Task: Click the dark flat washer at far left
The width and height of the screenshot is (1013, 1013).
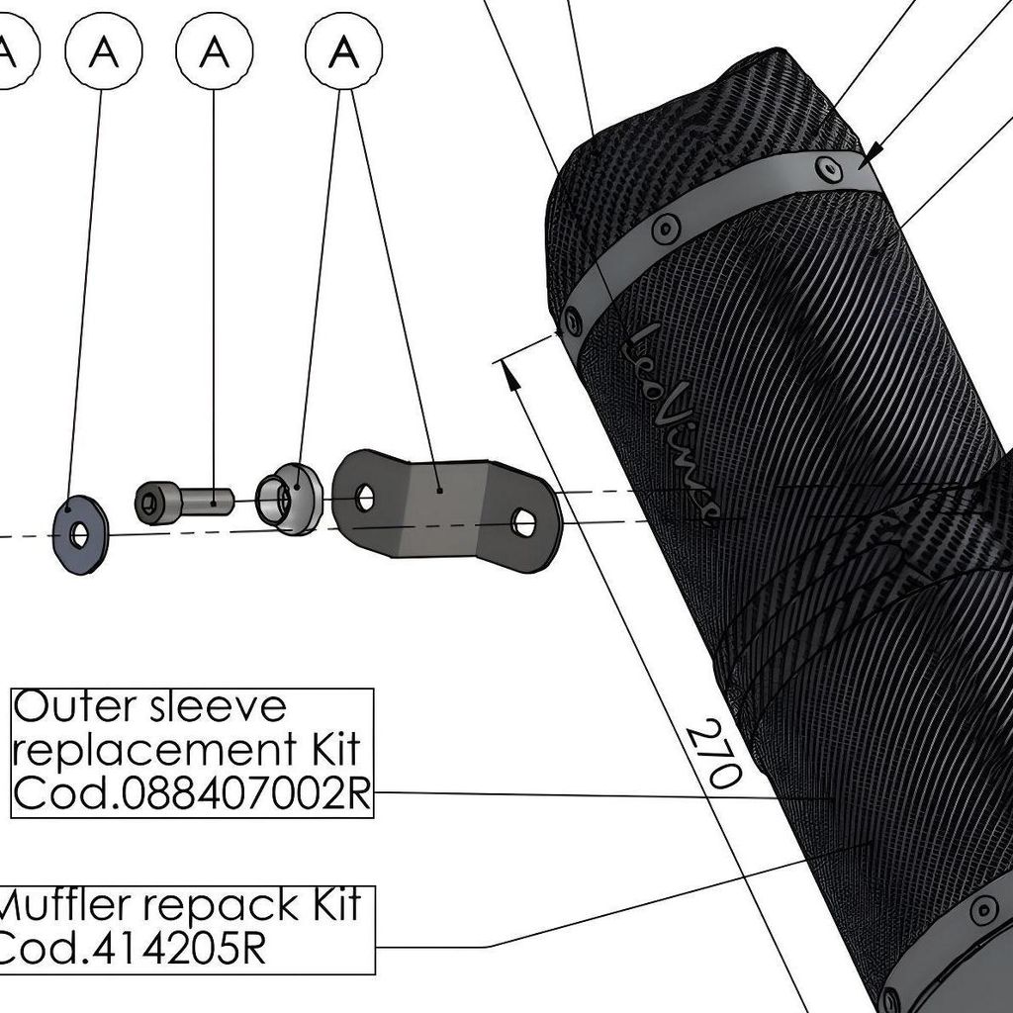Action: pos(79,534)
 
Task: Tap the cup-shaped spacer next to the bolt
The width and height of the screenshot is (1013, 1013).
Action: pos(289,498)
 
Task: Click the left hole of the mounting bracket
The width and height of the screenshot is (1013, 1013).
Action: pos(364,497)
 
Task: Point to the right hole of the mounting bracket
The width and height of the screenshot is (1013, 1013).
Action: pos(524,521)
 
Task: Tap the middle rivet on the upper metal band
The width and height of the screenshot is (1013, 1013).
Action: pos(666,229)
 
